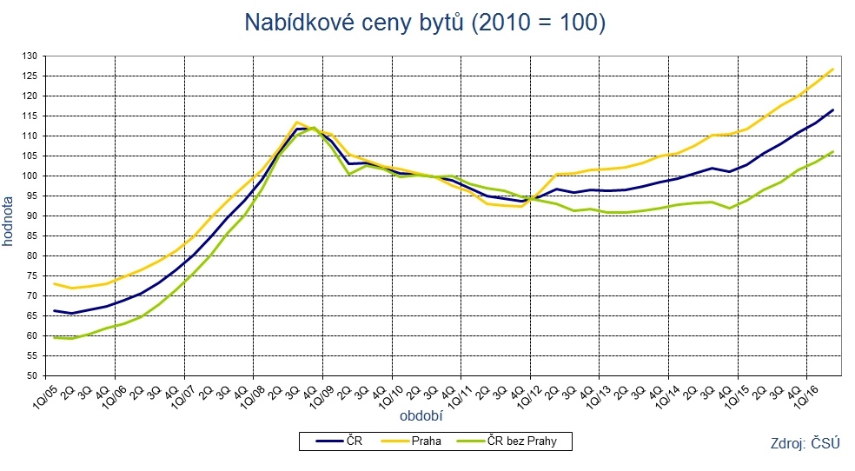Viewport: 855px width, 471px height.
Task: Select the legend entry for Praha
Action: [x=427, y=441]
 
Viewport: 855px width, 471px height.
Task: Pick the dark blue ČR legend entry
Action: [x=353, y=441]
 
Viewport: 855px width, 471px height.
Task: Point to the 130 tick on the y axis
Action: [x=31, y=56]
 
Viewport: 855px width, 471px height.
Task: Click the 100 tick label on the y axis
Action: [x=31, y=176]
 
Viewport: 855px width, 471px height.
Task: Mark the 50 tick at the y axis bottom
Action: [x=34, y=375]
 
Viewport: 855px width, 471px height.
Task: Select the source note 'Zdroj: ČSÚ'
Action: [x=805, y=443]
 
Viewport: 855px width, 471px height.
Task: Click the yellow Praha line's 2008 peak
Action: [x=297, y=123]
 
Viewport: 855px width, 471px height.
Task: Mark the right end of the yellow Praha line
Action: [x=833, y=69]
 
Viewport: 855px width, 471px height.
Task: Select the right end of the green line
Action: [x=833, y=151]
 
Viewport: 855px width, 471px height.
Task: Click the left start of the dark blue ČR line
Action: [x=54, y=311]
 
